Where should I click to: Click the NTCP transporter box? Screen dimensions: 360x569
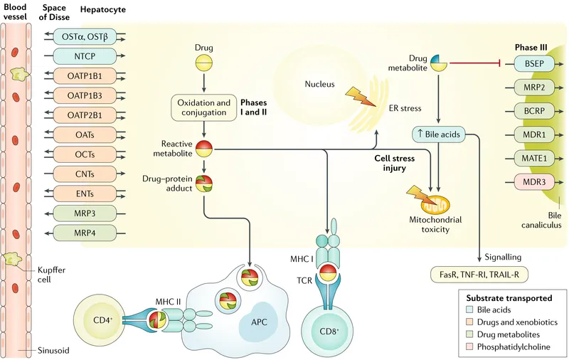pos(84,55)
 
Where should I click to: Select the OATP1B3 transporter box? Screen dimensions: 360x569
pos(84,94)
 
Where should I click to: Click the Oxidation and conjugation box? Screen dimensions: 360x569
pos(204,107)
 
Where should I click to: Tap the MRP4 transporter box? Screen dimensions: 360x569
pos(84,231)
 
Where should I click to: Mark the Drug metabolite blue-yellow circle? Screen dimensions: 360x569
pos(438,63)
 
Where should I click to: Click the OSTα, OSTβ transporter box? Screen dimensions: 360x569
pos(84,35)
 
